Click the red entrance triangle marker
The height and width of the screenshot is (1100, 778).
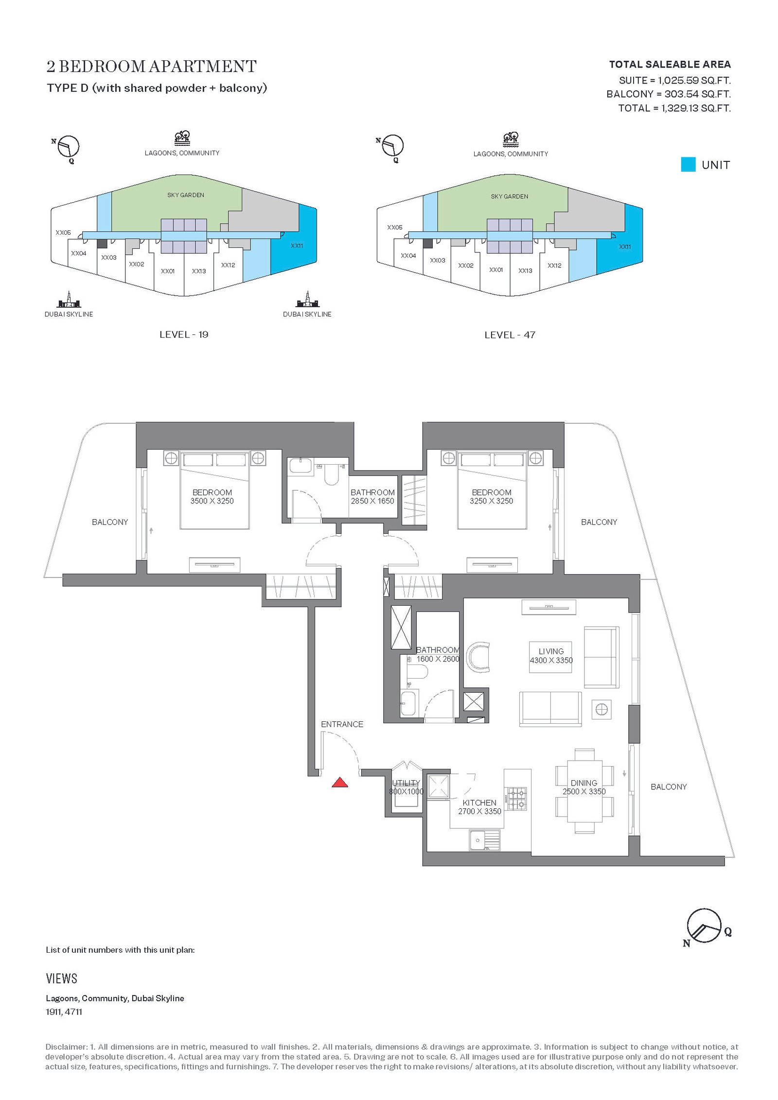pyautogui.click(x=340, y=783)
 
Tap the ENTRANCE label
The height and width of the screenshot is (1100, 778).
pyautogui.click(x=342, y=724)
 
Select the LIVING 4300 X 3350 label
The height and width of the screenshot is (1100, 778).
pyautogui.click(x=551, y=656)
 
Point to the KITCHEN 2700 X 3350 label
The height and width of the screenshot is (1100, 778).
pyautogui.click(x=479, y=807)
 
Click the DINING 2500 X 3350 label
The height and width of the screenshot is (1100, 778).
pyautogui.click(x=584, y=787)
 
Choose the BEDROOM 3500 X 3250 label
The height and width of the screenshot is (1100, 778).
pyautogui.click(x=212, y=497)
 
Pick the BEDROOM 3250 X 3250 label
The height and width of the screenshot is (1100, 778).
pyautogui.click(x=491, y=497)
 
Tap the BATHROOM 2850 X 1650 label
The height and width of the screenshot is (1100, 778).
pyautogui.click(x=372, y=497)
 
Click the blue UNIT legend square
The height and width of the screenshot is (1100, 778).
pyautogui.click(x=688, y=164)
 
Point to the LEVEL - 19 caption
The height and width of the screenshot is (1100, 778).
pyautogui.click(x=184, y=334)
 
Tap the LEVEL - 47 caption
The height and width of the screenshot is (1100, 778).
pyautogui.click(x=510, y=335)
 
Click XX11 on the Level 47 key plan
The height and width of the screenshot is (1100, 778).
pyautogui.click(x=625, y=247)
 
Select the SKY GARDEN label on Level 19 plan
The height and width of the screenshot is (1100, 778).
pyautogui.click(x=186, y=195)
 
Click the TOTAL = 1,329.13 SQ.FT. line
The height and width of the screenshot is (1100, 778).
pyautogui.click(x=674, y=108)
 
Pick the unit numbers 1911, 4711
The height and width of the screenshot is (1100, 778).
pyautogui.click(x=64, y=1012)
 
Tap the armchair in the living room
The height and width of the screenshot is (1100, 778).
pyautogui.click(x=478, y=657)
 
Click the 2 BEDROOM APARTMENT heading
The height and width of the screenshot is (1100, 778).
pyautogui.click(x=152, y=67)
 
